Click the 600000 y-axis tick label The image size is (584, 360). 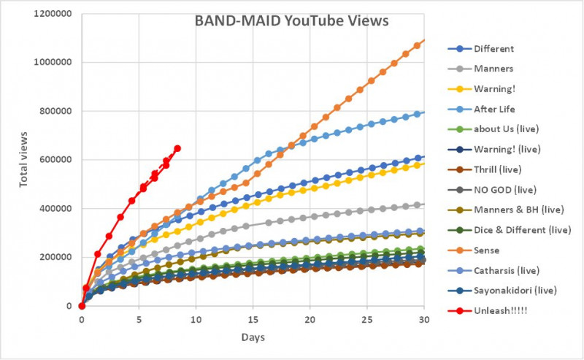pyautogui.click(x=55, y=160)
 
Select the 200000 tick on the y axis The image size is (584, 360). pyautogui.click(x=55, y=257)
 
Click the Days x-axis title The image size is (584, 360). pyautogui.click(x=253, y=338)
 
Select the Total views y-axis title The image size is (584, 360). pyautogui.click(x=24, y=159)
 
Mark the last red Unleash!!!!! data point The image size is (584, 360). pyautogui.click(x=177, y=148)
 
